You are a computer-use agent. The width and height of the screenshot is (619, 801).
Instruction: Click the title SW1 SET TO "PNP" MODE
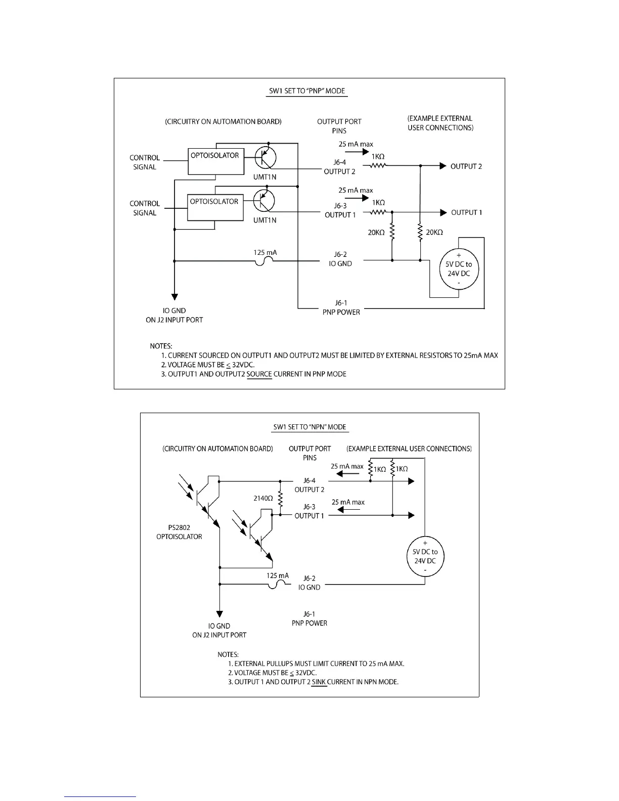[x=307, y=91]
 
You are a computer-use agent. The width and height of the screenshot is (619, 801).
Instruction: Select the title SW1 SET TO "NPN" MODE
[x=309, y=427]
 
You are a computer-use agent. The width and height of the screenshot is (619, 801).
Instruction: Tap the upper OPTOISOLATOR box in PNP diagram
[x=216, y=161]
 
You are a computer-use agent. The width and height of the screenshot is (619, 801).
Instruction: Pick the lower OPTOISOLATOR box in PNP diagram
[x=215, y=207]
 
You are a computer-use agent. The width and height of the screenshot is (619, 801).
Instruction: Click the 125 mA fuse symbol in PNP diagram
[x=264, y=261]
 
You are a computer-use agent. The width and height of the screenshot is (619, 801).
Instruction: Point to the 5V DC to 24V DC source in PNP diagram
[x=459, y=269]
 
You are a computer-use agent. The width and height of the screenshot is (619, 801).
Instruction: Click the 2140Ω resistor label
[x=263, y=499]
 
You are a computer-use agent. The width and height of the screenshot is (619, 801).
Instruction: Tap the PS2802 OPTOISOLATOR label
[x=179, y=532]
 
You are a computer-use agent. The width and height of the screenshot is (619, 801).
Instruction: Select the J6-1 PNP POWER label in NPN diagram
[x=309, y=618]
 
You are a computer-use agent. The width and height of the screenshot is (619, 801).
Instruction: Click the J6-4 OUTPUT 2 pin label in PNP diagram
[x=339, y=167]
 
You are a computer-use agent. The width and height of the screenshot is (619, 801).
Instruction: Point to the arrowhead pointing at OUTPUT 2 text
[x=443, y=166]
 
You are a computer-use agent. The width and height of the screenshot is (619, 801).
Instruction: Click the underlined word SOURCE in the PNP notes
[x=259, y=374]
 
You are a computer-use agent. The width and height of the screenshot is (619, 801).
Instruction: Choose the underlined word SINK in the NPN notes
[x=319, y=682]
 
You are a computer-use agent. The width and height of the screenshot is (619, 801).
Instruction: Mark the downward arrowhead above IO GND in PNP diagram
[x=175, y=297]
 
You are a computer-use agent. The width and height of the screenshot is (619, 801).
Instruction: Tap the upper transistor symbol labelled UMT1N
[x=265, y=157]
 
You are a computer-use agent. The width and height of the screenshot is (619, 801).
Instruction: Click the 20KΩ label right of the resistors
[x=434, y=232]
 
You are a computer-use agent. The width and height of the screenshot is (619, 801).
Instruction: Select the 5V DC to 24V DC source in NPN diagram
[x=425, y=556]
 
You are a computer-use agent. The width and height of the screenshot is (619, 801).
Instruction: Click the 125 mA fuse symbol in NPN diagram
[x=277, y=584]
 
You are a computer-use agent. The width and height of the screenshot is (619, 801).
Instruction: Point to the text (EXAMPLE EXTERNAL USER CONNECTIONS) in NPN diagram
[x=409, y=449]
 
